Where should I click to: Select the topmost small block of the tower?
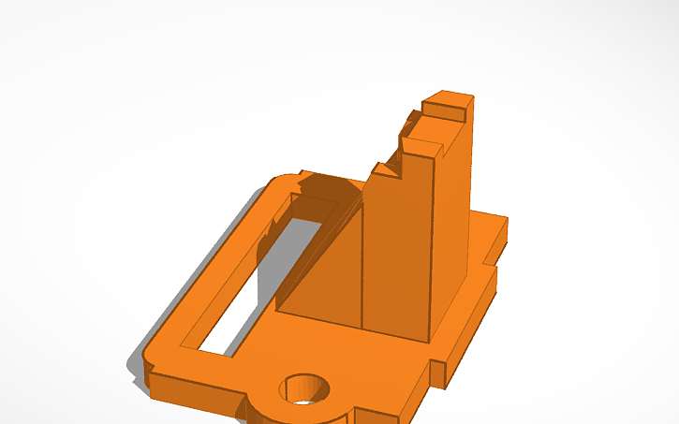pyautogui.click(x=448, y=103)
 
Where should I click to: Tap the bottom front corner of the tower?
pyautogui.click(x=430, y=337)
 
